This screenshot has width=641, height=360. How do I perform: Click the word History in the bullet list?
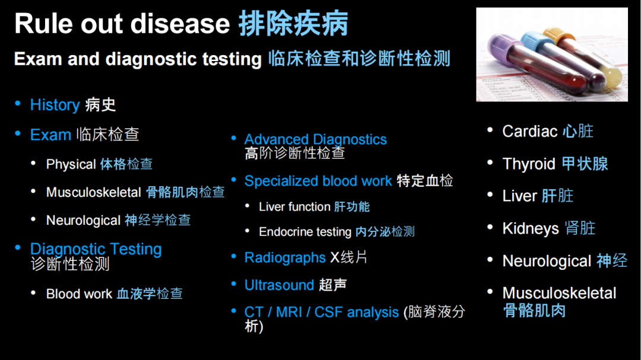coord(55,105)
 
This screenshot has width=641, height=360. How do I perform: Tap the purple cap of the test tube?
coord(504,48)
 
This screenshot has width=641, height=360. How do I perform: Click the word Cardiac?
coord(530,131)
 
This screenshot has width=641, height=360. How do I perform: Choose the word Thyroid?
coord(529,164)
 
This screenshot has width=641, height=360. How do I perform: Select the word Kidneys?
coord(531,228)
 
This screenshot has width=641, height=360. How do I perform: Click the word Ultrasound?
coord(279,285)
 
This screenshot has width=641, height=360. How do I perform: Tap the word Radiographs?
coord(285,258)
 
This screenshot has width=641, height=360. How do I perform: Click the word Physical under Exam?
coord(71,164)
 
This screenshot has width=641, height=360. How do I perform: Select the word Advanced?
coord(277,139)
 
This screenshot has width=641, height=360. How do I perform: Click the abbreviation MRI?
coord(288,312)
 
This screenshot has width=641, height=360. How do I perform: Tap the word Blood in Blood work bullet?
coord(62,294)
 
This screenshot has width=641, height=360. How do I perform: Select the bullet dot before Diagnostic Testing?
coord(18,248)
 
